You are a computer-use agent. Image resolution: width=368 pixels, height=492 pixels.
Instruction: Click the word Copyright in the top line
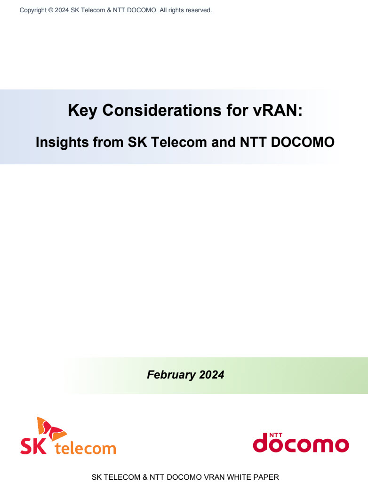(x=33, y=10)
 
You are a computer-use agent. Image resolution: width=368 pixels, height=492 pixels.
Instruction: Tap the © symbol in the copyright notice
(x=51, y=10)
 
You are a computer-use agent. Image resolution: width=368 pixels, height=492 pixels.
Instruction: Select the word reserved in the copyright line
(x=198, y=10)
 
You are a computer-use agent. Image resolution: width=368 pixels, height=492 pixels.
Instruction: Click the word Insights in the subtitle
(x=62, y=143)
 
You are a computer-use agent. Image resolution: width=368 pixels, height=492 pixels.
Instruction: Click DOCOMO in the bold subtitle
(x=303, y=142)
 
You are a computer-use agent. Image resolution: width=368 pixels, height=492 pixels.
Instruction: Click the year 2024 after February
(x=212, y=375)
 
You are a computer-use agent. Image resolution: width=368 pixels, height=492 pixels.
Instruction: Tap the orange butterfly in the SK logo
(x=50, y=428)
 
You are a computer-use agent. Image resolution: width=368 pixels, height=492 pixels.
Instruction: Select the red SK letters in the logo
(x=33, y=446)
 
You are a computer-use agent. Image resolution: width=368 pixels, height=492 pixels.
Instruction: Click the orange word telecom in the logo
(x=85, y=448)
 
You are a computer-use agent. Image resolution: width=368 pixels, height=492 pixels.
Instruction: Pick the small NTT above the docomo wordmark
(x=276, y=435)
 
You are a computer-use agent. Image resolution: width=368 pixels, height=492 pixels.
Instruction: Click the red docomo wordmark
(x=301, y=443)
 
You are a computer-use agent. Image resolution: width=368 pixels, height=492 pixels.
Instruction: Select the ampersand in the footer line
(x=145, y=477)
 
